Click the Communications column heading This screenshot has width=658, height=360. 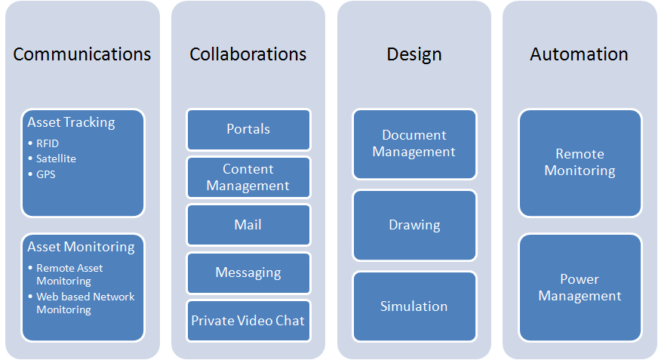click(82, 54)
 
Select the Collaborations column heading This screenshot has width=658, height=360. click(248, 54)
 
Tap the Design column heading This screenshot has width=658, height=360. click(414, 54)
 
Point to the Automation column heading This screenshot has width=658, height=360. click(579, 54)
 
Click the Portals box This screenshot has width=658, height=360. click(248, 129)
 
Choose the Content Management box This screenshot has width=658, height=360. click(248, 177)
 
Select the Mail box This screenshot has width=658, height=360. click(248, 225)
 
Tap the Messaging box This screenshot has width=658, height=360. click(248, 272)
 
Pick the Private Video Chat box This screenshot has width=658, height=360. click(248, 321)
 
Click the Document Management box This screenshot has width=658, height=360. click(414, 143)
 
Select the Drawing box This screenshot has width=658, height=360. click(414, 225)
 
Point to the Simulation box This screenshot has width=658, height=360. click(414, 306)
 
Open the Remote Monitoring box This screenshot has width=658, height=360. click(580, 162)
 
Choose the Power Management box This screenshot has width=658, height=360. click(580, 288)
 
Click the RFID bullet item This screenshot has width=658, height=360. click(48, 143)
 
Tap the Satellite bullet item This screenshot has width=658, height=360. click(56, 158)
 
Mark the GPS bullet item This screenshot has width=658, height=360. click(46, 174)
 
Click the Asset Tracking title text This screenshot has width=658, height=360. click(71, 122)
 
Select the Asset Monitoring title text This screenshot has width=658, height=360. click(81, 247)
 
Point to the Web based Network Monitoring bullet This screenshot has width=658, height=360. click(85, 303)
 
